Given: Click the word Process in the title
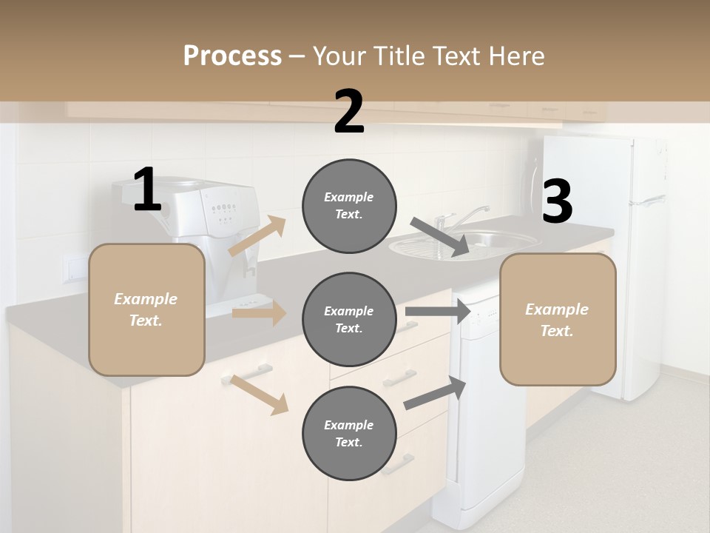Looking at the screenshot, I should pyautogui.click(x=232, y=56).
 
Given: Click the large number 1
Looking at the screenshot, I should pyautogui.click(x=147, y=190).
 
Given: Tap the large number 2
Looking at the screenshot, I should pyautogui.click(x=349, y=112).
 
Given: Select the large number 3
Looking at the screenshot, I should pyautogui.click(x=557, y=202).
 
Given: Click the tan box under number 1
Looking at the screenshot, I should pyautogui.click(x=146, y=309).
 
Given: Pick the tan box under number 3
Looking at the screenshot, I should pyautogui.click(x=558, y=320).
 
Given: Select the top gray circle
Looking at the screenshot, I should pyautogui.click(x=349, y=206).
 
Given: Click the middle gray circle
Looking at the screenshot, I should pyautogui.click(x=349, y=319).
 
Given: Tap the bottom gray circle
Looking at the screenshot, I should pyautogui.click(x=349, y=433).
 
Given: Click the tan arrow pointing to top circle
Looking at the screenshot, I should pyautogui.click(x=257, y=237).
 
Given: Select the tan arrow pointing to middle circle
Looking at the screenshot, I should pyautogui.click(x=259, y=313).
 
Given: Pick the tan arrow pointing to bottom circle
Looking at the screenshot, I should pyautogui.click(x=259, y=395).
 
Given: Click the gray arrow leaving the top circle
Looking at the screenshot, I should pyautogui.click(x=439, y=237).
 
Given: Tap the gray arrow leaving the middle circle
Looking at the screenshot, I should pyautogui.click(x=438, y=312).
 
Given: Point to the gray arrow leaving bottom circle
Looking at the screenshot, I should pyautogui.click(x=435, y=393).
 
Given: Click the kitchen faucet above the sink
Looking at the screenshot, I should pyautogui.click(x=459, y=217).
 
